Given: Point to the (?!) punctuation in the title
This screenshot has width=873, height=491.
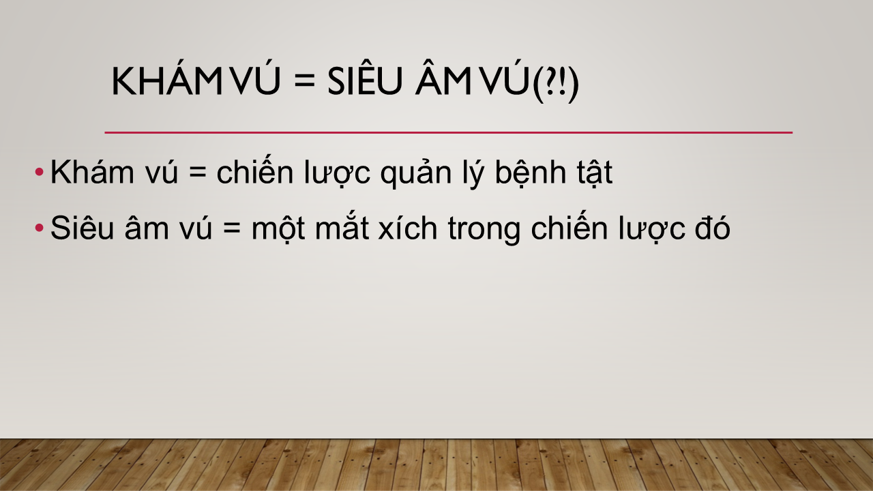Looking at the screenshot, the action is tap(555, 83).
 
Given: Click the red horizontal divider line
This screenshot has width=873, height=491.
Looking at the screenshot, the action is tap(449, 132).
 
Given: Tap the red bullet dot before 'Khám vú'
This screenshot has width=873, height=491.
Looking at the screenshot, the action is tap(39, 172).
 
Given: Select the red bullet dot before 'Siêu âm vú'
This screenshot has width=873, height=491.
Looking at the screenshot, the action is tap(39, 228).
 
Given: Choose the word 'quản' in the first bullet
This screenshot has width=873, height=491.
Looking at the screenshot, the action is tap(416, 173).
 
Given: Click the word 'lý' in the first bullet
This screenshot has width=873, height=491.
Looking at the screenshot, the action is tap(473, 173).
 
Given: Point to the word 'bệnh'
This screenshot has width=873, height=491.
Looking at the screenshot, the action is tap(531, 173).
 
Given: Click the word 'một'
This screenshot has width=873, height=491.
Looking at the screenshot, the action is tap(278, 230).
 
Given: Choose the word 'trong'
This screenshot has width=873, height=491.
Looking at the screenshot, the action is tap(484, 230).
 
